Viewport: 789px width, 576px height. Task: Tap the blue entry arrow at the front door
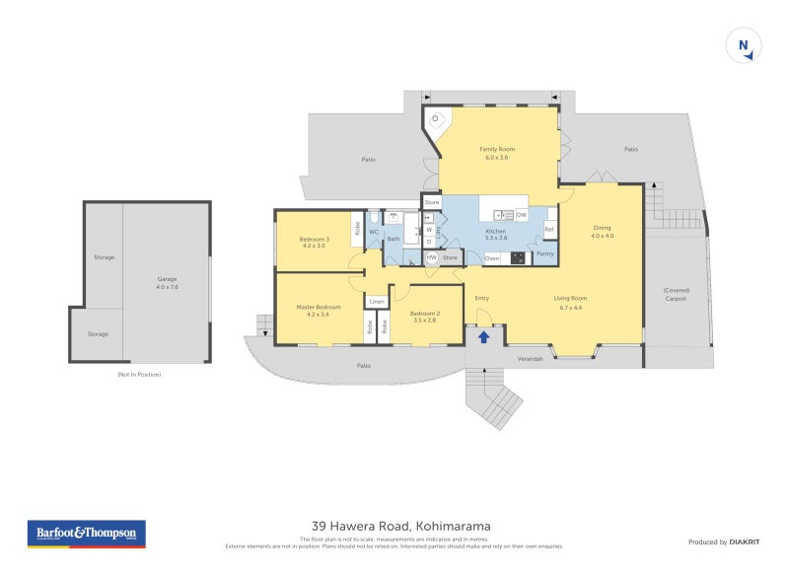483,336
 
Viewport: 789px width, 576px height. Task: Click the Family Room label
497,153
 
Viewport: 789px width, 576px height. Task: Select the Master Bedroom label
319,311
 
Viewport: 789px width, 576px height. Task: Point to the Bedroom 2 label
425,317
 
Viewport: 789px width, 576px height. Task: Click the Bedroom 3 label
314,243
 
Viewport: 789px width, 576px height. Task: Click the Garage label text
167,282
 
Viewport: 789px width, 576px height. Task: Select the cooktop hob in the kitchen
518,258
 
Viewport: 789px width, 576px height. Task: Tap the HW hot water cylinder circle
432,257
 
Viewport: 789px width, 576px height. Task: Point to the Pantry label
545,254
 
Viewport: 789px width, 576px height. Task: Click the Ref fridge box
550,230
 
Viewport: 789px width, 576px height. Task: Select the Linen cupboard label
377,301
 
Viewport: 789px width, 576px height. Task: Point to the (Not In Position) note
138,375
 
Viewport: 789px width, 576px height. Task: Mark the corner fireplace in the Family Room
435,119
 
